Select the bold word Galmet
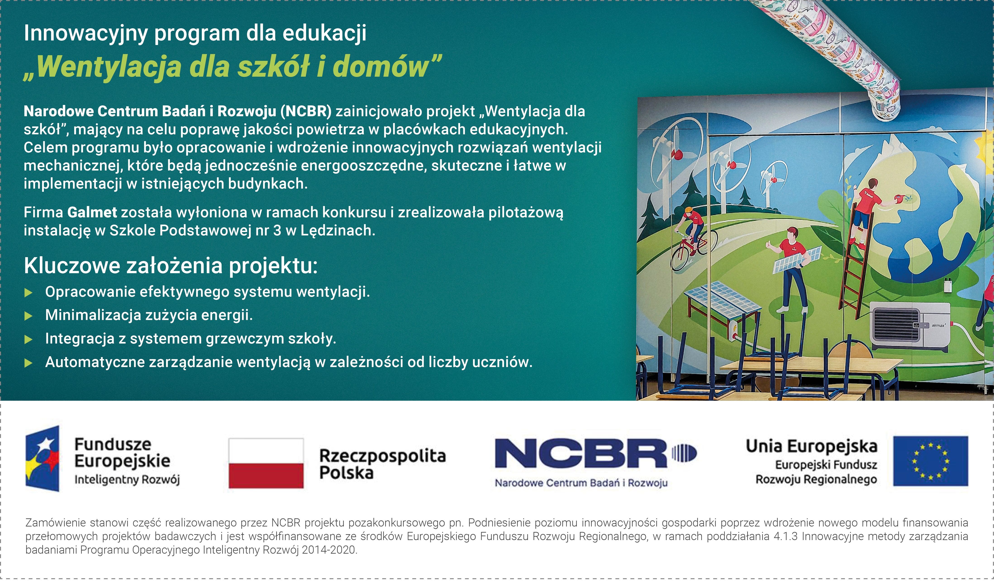(x=92, y=212)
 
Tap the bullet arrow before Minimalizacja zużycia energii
(x=28, y=316)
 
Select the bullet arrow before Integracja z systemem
(x=28, y=339)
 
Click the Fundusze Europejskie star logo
(x=43, y=458)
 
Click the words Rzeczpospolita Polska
(x=382, y=464)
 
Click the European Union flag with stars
(x=930, y=461)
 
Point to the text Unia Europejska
(x=811, y=446)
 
